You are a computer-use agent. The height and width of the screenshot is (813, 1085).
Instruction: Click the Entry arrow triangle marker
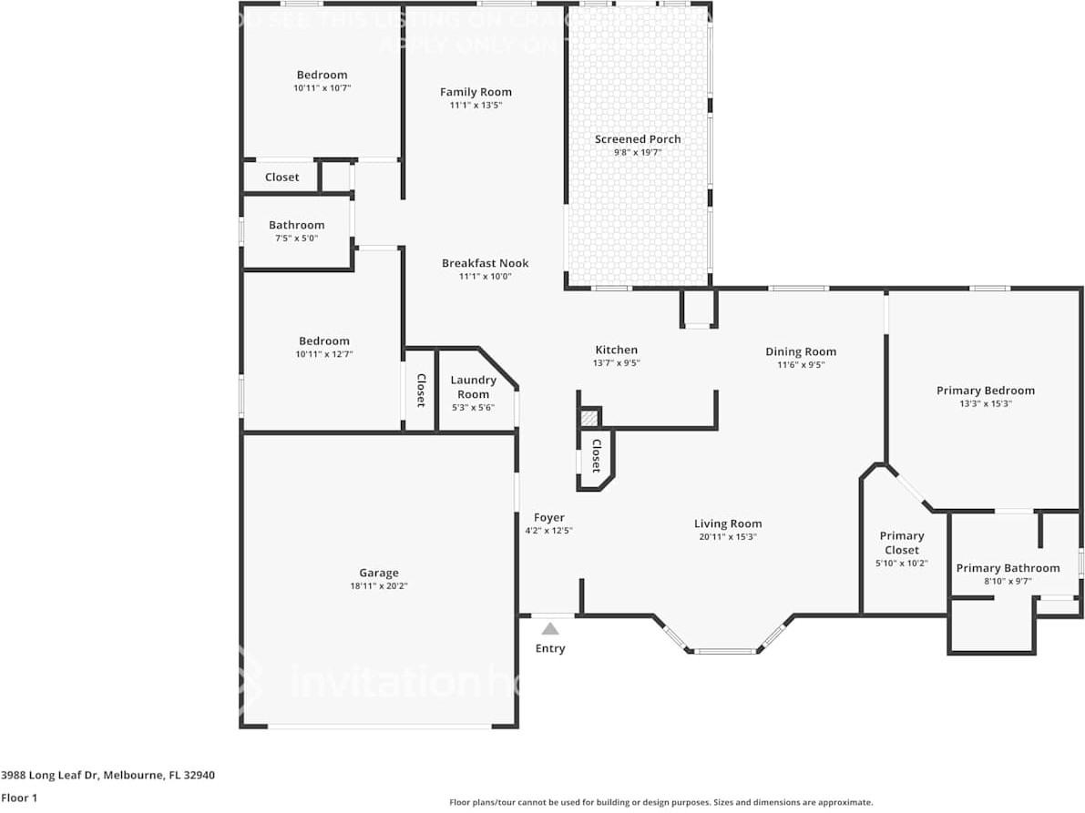[550, 628]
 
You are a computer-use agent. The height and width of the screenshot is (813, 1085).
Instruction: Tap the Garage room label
[378, 573]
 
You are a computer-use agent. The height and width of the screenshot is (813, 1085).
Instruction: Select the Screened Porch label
[638, 139]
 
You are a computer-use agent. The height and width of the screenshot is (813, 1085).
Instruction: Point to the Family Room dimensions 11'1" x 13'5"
[476, 106]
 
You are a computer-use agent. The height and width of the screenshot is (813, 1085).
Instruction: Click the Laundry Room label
[473, 387]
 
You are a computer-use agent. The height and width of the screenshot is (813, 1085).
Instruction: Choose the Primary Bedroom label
[985, 391]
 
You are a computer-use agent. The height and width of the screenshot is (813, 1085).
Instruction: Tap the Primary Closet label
[901, 543]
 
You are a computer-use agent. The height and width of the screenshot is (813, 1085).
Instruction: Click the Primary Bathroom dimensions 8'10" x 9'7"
[1007, 582]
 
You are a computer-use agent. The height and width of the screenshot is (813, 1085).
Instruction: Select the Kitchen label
[616, 350]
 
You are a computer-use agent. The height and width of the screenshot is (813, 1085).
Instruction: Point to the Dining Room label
[800, 351]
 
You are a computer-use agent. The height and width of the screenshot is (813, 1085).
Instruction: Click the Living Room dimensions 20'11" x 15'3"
[727, 537]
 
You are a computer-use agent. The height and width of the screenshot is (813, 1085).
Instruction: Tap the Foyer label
[548, 517]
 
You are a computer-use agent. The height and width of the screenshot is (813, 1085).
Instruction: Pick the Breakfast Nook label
[485, 263]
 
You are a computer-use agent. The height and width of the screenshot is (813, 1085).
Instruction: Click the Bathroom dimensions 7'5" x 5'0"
[296, 239]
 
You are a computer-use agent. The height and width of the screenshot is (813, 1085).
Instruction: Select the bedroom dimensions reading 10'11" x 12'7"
[322, 354]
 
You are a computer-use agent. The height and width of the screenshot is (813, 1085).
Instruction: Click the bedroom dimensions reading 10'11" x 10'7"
[322, 88]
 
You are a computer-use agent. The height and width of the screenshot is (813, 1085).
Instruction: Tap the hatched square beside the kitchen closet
[590, 418]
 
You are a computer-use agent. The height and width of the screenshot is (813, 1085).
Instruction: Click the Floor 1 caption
[18, 798]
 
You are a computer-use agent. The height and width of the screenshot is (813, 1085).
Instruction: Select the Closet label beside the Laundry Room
[421, 390]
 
